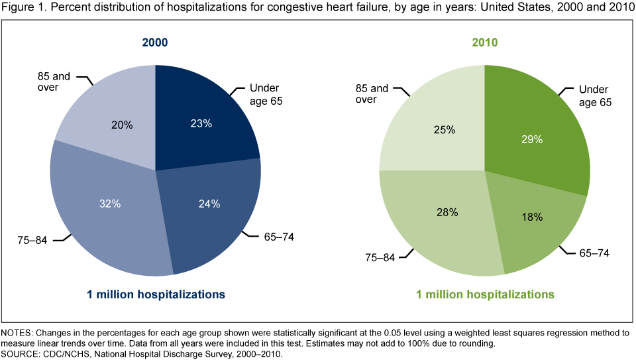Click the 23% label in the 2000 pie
(x=201, y=123)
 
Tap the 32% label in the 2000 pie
(x=111, y=204)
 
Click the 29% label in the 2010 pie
(x=532, y=139)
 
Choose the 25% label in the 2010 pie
(x=444, y=130)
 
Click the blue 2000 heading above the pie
(x=154, y=43)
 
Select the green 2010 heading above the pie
(x=484, y=43)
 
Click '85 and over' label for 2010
(x=371, y=93)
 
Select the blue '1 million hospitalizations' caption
(x=154, y=293)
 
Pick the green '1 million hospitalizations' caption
(x=484, y=293)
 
